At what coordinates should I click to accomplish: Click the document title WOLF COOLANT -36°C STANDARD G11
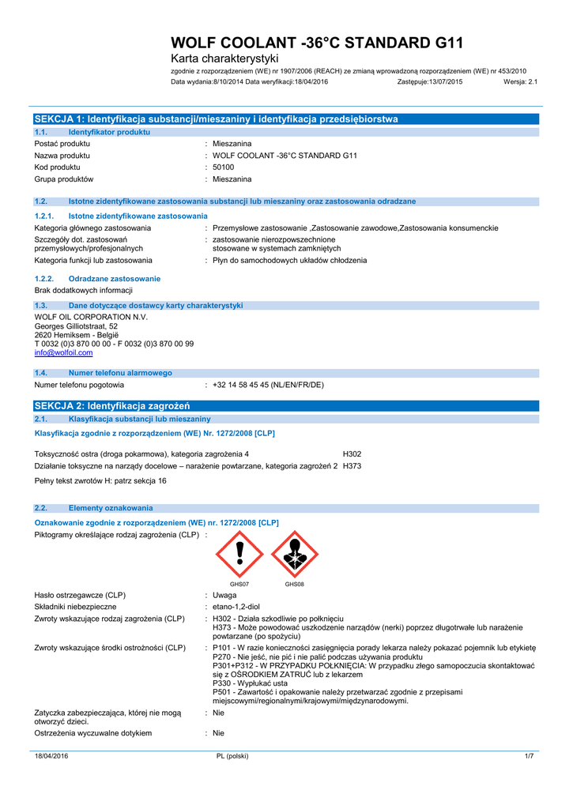point(318,43)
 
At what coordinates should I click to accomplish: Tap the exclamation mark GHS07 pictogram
point(239,554)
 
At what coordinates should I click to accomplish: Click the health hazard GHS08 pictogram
point(294,554)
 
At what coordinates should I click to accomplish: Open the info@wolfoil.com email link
point(63,353)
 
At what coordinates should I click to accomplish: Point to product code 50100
point(224,167)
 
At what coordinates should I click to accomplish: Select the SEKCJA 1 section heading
point(216,119)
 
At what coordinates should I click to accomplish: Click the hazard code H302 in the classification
point(352,454)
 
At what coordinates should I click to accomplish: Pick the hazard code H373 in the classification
point(352,466)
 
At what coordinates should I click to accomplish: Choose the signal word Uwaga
point(224,595)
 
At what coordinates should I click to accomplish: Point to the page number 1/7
point(530,756)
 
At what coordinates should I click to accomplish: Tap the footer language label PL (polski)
point(232,756)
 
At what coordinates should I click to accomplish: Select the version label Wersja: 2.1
point(520,81)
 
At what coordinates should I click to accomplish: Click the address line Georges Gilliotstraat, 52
point(77,326)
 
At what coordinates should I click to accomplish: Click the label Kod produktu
point(58,167)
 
